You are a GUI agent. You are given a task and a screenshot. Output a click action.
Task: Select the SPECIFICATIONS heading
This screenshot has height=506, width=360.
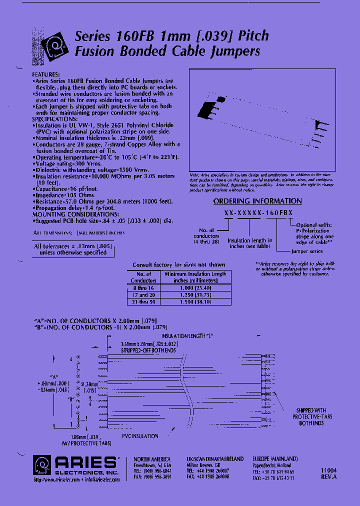pyautogui.click(x=55, y=119)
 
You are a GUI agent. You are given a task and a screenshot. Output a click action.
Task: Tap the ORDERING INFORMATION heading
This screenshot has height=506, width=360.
pyautogui.click(x=257, y=201)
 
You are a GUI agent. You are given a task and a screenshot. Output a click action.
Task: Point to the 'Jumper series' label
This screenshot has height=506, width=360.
pyautogui.click(x=306, y=251)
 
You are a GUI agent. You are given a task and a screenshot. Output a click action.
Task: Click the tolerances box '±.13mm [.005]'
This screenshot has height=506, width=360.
pyautogui.click(x=73, y=249)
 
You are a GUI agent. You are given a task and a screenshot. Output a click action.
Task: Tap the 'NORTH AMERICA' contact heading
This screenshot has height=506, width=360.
pyautogui.click(x=152, y=459)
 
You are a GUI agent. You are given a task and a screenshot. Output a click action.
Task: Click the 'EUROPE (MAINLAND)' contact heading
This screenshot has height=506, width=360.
pyautogui.click(x=275, y=459)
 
